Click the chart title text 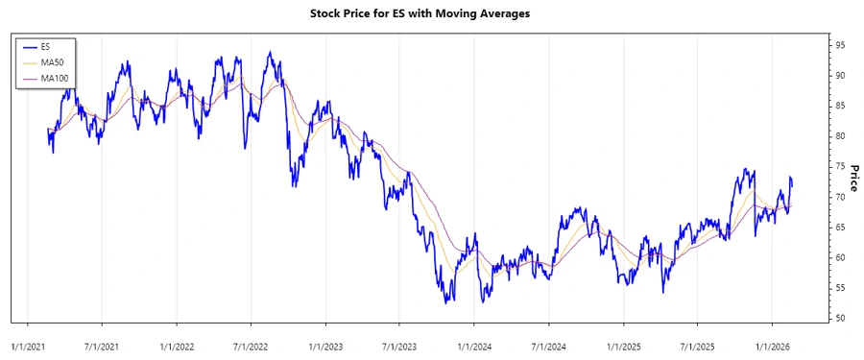coord(432,14)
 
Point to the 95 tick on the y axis coord(840,45)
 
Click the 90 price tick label coord(840,76)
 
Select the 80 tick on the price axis coord(840,136)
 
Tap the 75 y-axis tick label coord(840,167)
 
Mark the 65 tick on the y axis coord(840,228)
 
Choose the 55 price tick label coord(840,288)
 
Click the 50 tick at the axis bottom coord(840,319)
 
